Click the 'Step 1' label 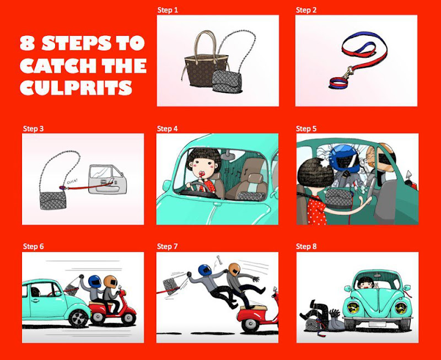[x=168, y=10]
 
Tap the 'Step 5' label [x=306, y=129]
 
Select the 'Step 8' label [x=306, y=246]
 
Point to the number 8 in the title [x=27, y=43]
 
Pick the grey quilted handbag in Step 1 [x=227, y=81]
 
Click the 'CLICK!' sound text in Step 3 [x=73, y=181]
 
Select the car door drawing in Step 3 [x=107, y=179]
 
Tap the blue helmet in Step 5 [x=345, y=158]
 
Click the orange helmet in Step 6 [x=111, y=282]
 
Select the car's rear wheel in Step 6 [x=78, y=318]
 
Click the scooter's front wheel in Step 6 [x=128, y=318]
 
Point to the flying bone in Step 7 [x=219, y=260]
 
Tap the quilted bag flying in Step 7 [x=173, y=286]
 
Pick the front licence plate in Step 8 [x=377, y=324]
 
